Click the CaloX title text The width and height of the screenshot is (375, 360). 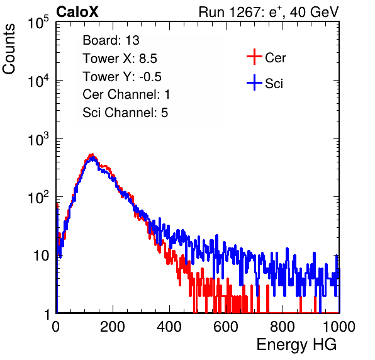tap(77, 12)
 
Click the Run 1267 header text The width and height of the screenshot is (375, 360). tap(269, 12)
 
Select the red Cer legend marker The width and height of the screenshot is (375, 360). tap(254, 57)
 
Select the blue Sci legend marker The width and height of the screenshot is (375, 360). tap(254, 83)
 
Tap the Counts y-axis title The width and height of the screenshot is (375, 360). tap(9, 49)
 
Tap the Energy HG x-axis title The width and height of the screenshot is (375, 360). tap(296, 344)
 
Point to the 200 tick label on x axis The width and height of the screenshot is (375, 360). tap(113, 326)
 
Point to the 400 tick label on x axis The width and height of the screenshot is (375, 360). tap(169, 326)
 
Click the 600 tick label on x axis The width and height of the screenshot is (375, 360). tap(226, 326)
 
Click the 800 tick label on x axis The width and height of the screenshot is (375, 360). tap(283, 326)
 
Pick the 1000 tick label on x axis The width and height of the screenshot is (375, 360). tap(339, 326)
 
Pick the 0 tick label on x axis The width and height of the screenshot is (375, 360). tap(55, 326)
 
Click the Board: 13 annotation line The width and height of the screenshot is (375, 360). tap(111, 40)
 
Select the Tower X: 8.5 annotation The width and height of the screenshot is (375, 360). tap(120, 59)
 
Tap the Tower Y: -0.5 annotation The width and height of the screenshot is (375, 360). tap(122, 77)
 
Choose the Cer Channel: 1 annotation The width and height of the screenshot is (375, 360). tap(126, 94)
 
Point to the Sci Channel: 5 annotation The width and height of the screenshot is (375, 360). tap(125, 113)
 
